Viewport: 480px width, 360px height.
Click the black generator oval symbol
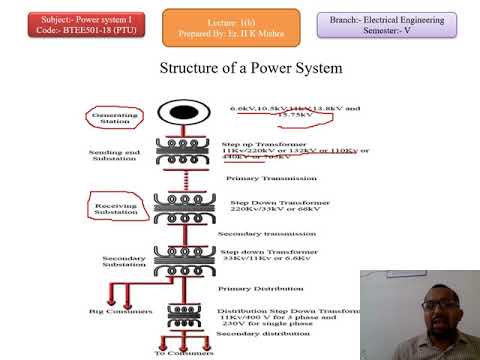pos(184,113)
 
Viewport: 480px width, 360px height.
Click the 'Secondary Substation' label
pos(125,261)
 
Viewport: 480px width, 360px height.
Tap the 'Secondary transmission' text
pos(259,234)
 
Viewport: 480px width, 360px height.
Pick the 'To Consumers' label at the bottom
pos(179,354)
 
